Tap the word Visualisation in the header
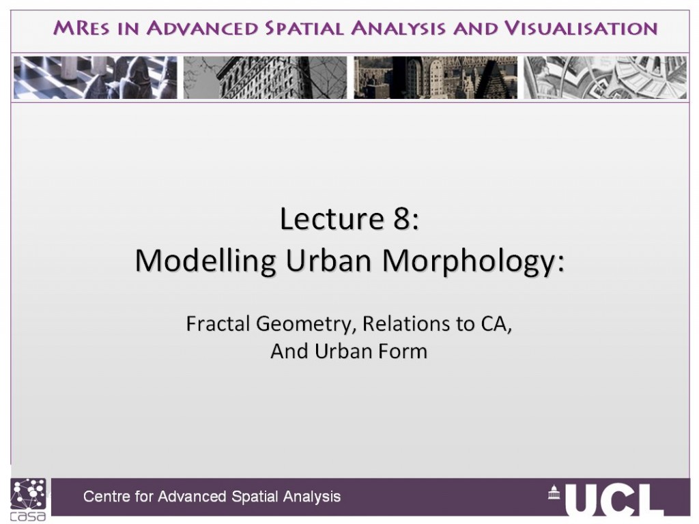581,28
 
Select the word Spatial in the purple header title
304,28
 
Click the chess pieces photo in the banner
96,78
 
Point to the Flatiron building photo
266,78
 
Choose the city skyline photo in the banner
436,78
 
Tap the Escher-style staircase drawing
605,78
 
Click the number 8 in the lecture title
401,219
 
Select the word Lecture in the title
332,219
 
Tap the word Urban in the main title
328,260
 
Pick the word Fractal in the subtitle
218,323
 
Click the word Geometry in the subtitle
306,324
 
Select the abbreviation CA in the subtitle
496,324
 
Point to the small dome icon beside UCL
554,492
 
